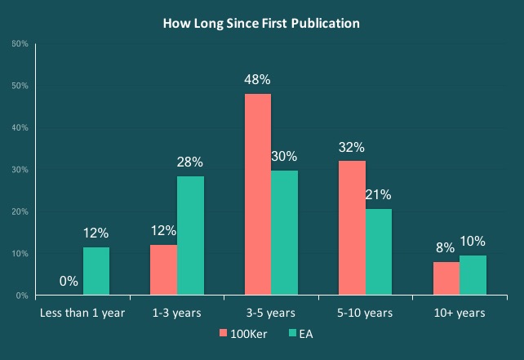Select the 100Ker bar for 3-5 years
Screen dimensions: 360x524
(x=258, y=194)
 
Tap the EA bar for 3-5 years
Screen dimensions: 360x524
(x=285, y=233)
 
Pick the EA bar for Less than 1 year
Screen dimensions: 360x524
(x=96, y=271)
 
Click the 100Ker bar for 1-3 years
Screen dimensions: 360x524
(x=164, y=270)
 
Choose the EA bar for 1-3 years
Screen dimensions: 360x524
(x=191, y=236)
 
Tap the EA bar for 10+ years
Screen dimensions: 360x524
(x=473, y=275)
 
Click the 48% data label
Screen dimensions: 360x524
(x=258, y=80)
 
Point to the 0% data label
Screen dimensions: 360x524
(x=69, y=282)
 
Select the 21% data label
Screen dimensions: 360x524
(x=379, y=195)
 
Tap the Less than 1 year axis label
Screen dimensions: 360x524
(x=82, y=313)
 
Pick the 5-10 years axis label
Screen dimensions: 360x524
(x=365, y=313)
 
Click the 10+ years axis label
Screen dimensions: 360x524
(x=459, y=313)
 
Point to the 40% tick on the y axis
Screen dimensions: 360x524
(x=22, y=128)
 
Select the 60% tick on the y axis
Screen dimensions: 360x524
(x=22, y=43)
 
